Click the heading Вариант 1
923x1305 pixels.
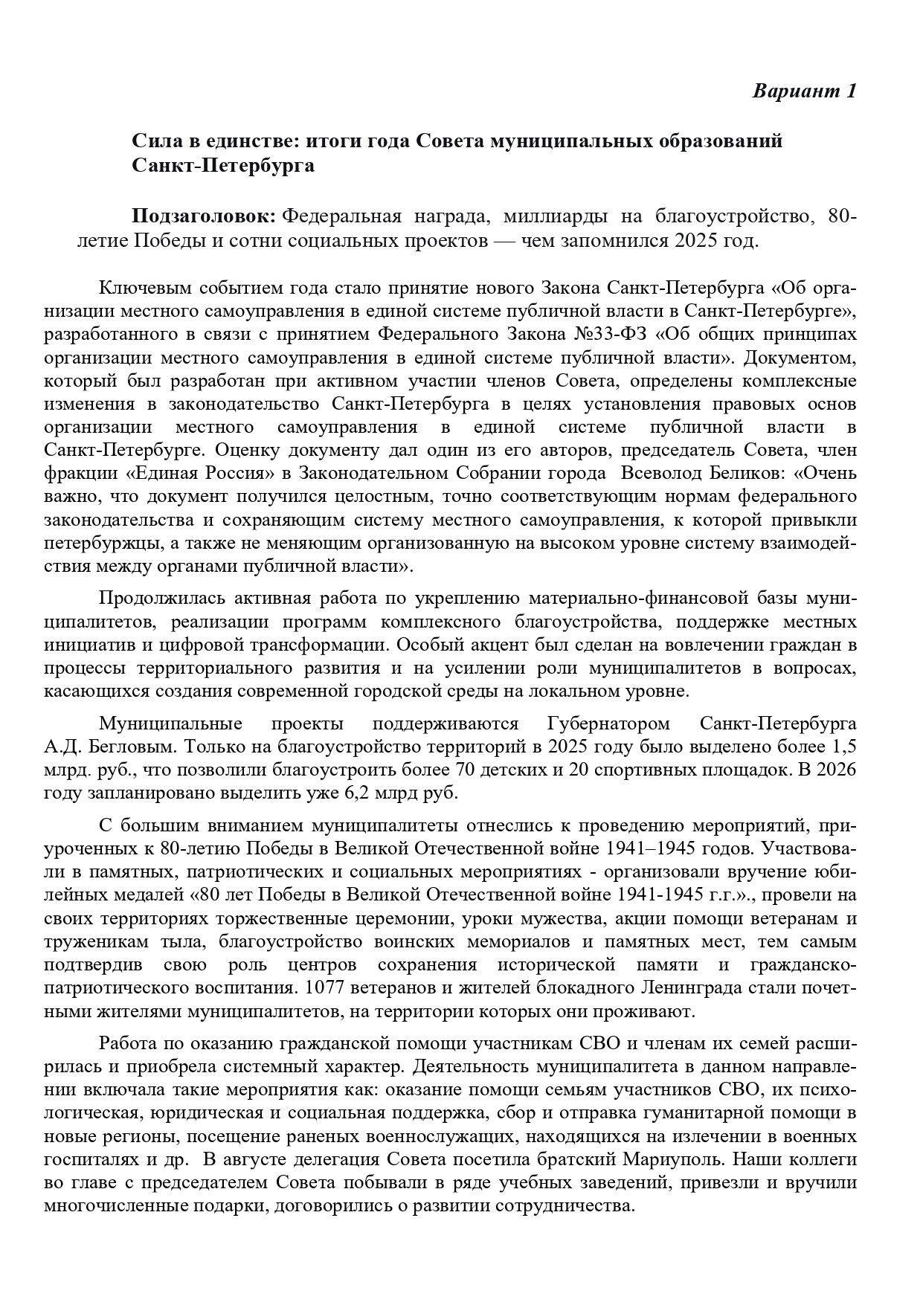[x=805, y=91]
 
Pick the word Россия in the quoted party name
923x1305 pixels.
[x=233, y=473]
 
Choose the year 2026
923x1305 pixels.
[x=837, y=770]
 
